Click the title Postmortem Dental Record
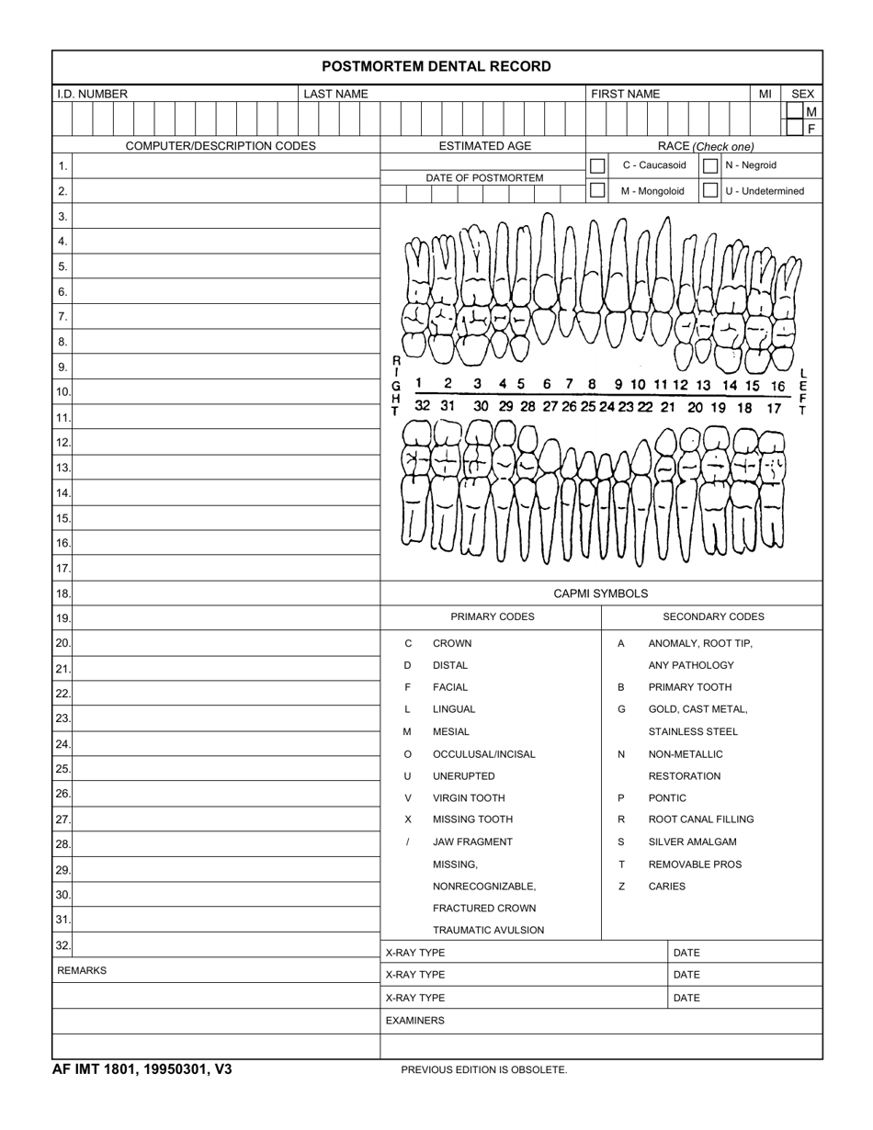click(x=436, y=66)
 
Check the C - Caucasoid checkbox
click(x=597, y=165)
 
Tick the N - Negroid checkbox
click(x=710, y=165)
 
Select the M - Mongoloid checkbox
click(x=597, y=190)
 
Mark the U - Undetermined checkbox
click(x=710, y=190)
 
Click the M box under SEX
click(x=811, y=111)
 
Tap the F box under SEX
click(x=811, y=129)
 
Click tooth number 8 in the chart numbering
click(x=592, y=384)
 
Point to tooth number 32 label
click(x=422, y=405)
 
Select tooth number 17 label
click(x=774, y=407)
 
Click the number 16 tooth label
click(x=778, y=386)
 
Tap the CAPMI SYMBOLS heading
click(x=600, y=593)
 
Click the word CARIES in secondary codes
click(x=666, y=887)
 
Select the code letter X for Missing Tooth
click(x=408, y=819)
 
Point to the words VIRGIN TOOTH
click(x=469, y=797)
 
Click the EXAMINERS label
click(x=414, y=1020)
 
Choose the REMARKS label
click(x=82, y=970)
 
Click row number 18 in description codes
click(x=62, y=594)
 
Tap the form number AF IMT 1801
click(x=142, y=1069)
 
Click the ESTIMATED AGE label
click(x=484, y=146)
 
